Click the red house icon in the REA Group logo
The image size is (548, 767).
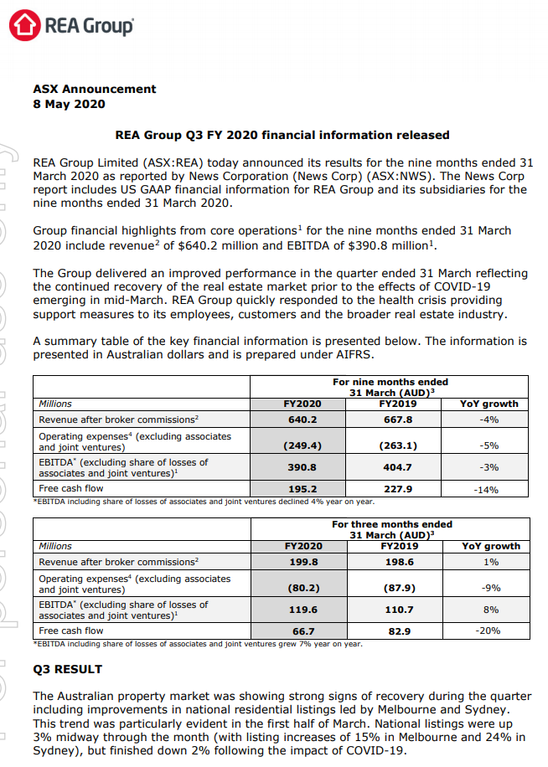tap(25, 25)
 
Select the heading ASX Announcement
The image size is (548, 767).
tap(94, 89)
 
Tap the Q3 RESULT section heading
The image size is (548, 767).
tap(67, 669)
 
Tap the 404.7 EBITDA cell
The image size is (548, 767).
tap(397, 466)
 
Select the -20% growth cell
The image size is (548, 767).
tap(489, 631)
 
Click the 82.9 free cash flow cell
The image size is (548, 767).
tap(397, 631)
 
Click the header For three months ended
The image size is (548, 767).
tap(391, 525)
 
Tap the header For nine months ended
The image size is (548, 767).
tap(390, 383)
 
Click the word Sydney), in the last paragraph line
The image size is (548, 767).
tap(59, 750)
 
